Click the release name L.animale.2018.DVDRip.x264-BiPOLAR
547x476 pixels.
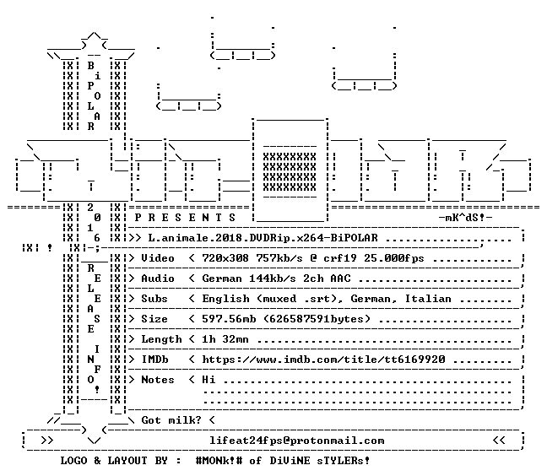coord(263,238)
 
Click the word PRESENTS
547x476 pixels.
coord(185,218)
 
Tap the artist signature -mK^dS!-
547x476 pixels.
coord(465,218)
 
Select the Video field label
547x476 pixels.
coord(157,258)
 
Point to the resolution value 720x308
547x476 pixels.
coord(225,258)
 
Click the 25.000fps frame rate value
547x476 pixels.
coord(394,258)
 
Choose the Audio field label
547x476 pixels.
coord(157,279)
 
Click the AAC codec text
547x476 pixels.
coord(340,279)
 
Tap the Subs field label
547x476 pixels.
coord(154,299)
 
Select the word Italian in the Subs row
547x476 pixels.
coord(428,299)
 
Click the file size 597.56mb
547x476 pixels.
coord(229,319)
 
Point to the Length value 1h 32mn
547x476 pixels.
coord(225,339)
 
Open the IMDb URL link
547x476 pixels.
coord(323,360)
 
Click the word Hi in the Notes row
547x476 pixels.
coord(209,380)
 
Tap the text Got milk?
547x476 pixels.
coord(171,419)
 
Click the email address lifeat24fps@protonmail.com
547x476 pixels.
coord(297,441)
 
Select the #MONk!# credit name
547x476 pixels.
coord(219,460)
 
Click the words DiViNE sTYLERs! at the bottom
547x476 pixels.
coord(320,460)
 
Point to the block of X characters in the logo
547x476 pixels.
coord(290,172)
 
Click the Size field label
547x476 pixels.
coord(154,319)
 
